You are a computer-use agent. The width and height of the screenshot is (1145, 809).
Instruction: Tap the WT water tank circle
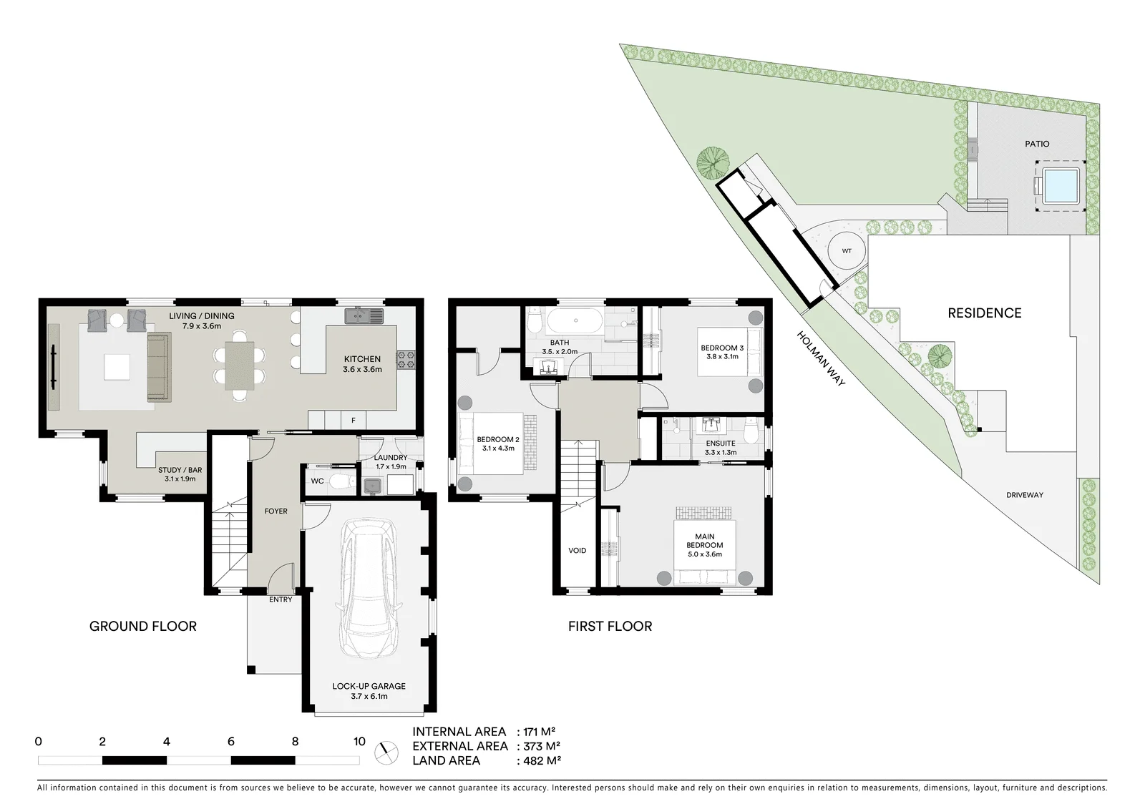click(847, 251)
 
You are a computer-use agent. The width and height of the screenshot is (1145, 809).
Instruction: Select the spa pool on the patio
click(1061, 185)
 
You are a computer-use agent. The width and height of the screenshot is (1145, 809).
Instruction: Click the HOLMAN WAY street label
click(821, 359)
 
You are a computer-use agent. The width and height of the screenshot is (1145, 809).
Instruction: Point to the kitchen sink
click(364, 316)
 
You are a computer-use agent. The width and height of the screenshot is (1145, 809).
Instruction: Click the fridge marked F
click(353, 421)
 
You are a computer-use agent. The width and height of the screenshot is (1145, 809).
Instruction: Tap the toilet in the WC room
click(341, 481)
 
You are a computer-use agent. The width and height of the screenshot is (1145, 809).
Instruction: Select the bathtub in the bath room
click(575, 320)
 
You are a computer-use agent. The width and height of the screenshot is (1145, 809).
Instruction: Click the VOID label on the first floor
click(577, 550)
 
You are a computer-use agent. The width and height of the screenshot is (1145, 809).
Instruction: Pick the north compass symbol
click(386, 752)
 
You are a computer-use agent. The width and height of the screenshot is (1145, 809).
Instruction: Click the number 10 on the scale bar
click(359, 742)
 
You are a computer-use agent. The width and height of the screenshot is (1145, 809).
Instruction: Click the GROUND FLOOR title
click(142, 626)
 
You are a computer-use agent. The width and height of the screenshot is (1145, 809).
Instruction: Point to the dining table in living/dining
click(239, 366)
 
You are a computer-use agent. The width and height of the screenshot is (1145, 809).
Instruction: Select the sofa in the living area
click(159, 366)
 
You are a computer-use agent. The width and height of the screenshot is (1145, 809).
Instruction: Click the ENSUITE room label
click(721, 443)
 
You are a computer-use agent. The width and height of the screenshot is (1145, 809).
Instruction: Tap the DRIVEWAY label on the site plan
click(1025, 495)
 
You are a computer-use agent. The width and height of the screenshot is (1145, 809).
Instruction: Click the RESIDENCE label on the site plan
click(985, 313)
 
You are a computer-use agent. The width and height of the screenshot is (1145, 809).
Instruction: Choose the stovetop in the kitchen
click(406, 359)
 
